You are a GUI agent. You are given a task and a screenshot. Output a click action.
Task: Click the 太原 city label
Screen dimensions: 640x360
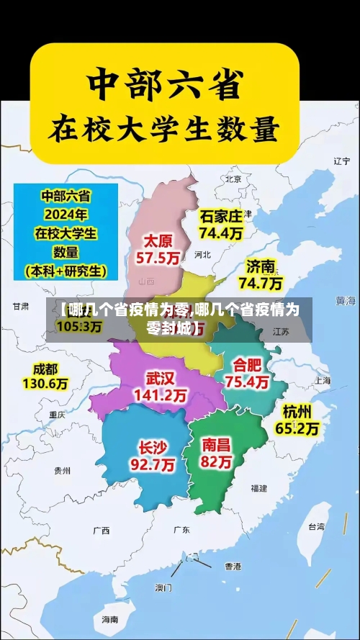(161, 240)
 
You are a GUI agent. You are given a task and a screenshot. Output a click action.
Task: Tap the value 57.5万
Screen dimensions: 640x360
(161, 257)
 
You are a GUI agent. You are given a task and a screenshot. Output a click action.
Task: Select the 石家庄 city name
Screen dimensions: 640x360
(221, 216)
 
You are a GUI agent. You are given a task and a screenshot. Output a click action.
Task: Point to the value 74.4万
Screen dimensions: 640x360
(221, 233)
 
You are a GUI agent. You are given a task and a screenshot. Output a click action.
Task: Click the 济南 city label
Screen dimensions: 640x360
(261, 266)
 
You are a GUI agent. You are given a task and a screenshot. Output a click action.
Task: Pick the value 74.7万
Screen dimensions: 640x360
(261, 283)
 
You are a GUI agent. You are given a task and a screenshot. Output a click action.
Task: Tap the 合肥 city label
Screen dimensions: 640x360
(247, 364)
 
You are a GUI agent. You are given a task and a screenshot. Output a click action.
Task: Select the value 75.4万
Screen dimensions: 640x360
(247, 382)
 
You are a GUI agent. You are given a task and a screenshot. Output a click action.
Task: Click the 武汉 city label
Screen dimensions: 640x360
(161, 378)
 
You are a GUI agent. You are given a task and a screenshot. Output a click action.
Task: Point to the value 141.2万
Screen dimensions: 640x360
(161, 395)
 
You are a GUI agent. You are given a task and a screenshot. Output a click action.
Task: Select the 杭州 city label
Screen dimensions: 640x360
(297, 412)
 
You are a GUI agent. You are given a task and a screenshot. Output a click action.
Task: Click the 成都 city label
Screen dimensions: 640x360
(45, 369)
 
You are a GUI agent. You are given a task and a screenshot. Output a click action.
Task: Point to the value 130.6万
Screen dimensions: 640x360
(45, 384)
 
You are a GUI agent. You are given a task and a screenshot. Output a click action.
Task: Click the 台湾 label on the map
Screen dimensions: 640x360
(317, 526)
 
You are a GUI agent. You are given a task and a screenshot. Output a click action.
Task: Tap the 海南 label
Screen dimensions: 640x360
(109, 619)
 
